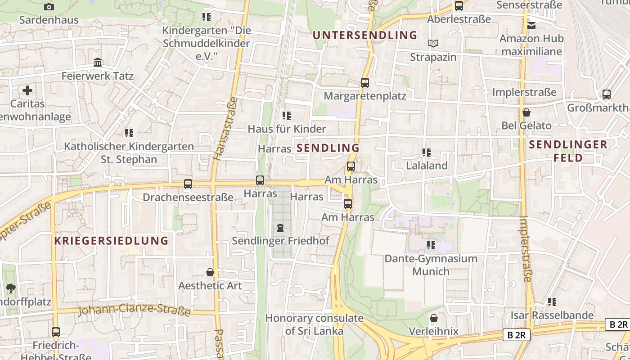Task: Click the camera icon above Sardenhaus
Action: tap(49, 7)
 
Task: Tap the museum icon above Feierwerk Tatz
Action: tap(98, 63)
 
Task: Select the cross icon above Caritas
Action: tap(27, 90)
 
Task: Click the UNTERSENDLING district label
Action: tap(365, 35)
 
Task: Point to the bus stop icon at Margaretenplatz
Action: tap(365, 83)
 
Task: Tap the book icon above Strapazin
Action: tap(433, 44)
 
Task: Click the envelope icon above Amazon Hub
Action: tap(531, 26)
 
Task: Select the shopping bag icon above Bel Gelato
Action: tap(526, 112)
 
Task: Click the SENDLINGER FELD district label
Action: tap(568, 151)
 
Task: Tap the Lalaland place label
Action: tap(427, 166)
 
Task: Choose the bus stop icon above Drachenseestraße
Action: tap(188, 184)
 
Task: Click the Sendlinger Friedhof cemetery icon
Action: tap(281, 228)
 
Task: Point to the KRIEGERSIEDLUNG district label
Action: tap(111, 240)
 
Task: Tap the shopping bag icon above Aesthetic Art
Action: tap(210, 273)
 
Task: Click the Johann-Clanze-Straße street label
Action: tap(134, 310)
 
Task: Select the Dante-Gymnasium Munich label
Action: tap(431, 265)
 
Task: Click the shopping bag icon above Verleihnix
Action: tap(434, 319)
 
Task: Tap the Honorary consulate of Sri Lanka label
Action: tap(314, 324)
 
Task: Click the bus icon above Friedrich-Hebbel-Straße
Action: tap(56, 332)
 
